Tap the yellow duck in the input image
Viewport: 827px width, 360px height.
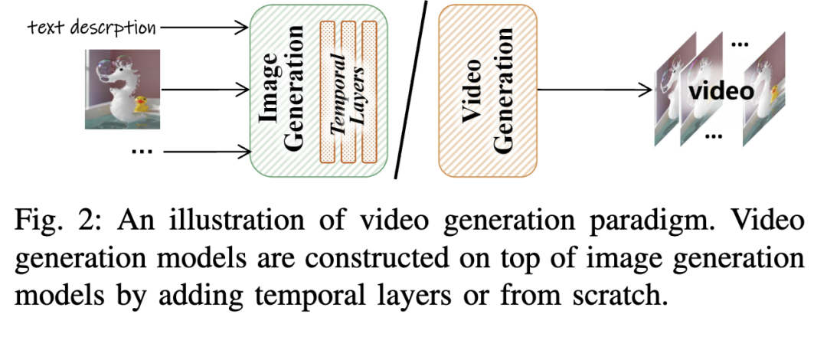click(141, 104)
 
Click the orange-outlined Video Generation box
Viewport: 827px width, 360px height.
click(487, 90)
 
